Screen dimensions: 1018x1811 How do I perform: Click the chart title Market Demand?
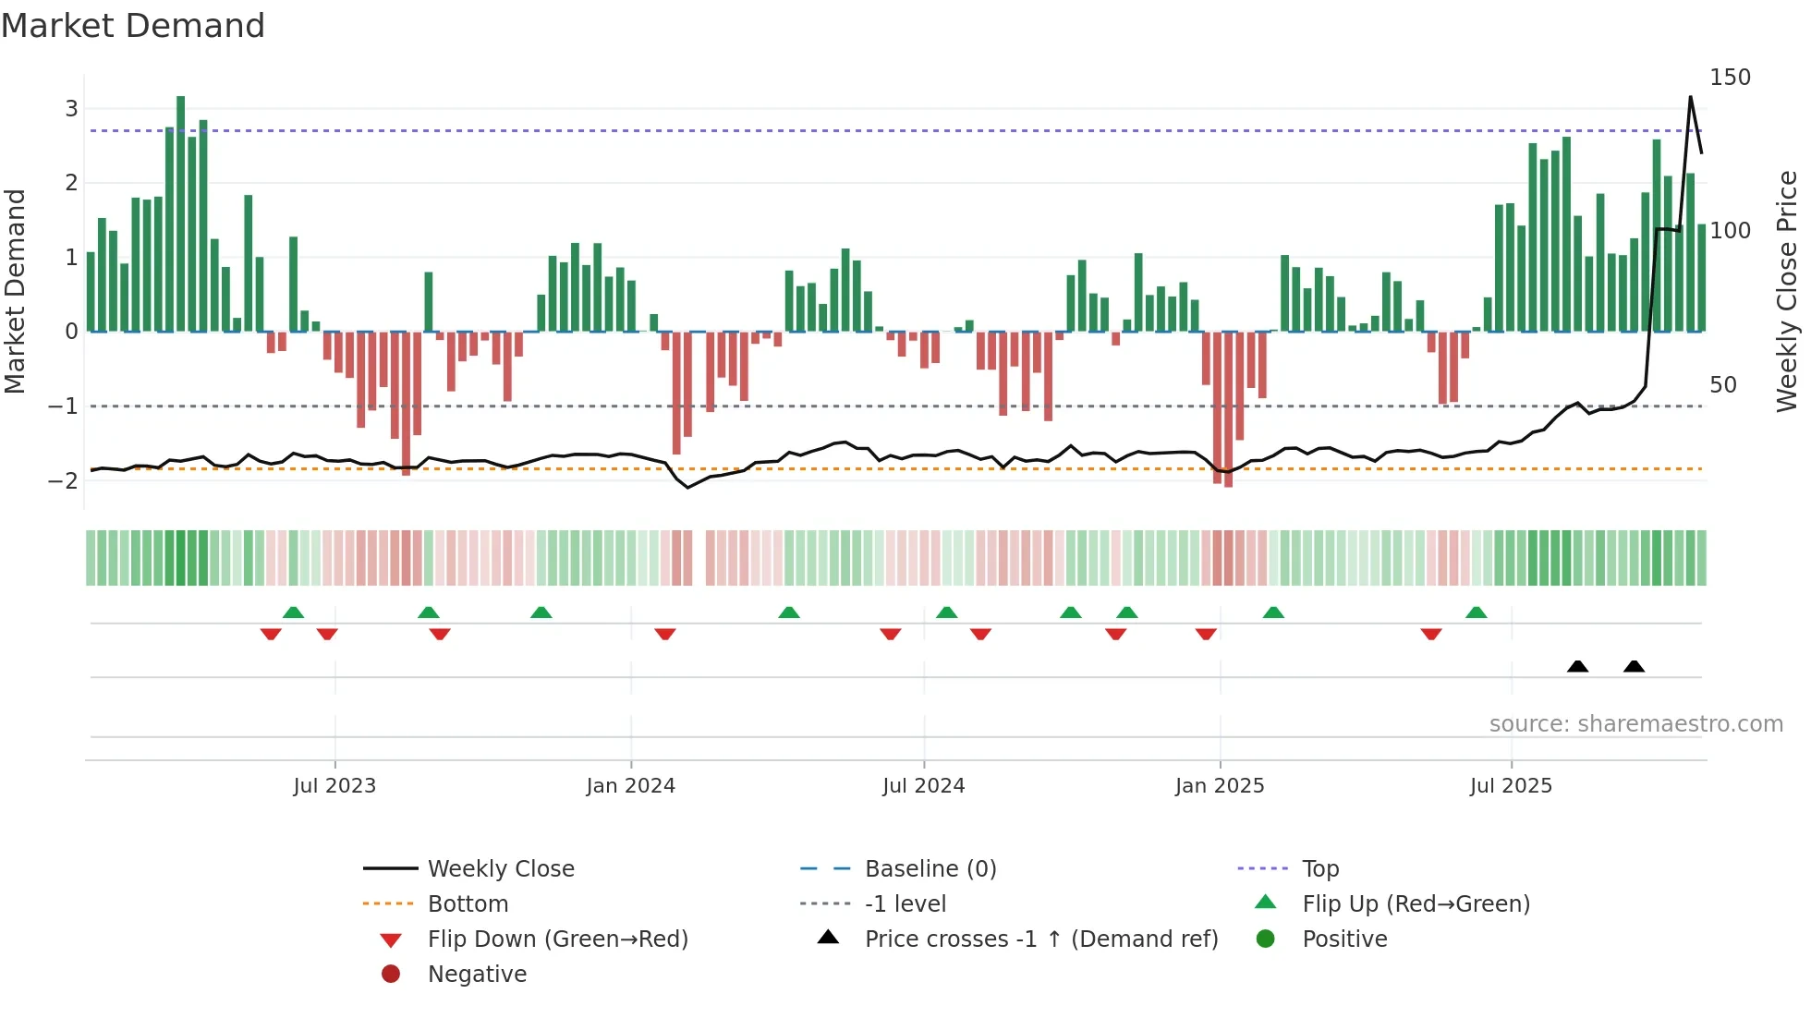(133, 26)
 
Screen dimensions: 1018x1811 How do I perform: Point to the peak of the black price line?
(1690, 97)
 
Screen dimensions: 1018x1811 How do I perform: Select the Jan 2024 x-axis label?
(630, 786)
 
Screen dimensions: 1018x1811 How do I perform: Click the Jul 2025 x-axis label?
(1511, 786)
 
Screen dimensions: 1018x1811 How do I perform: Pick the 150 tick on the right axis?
(1730, 78)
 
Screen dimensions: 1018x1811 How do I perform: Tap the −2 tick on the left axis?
(64, 480)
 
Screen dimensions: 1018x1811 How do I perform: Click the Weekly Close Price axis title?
(1787, 291)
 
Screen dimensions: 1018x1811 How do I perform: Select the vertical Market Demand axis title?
(16, 291)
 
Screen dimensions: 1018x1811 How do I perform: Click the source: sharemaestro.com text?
(1635, 724)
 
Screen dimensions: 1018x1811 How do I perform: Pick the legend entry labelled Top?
(1319, 869)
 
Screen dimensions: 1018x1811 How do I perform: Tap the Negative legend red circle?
(391, 975)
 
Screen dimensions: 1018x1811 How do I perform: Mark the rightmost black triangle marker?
(1634, 667)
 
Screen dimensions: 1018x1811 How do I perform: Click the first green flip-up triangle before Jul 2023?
(293, 612)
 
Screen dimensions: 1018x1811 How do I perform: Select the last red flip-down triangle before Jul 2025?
(1431, 634)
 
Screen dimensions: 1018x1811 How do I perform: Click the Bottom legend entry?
(468, 904)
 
